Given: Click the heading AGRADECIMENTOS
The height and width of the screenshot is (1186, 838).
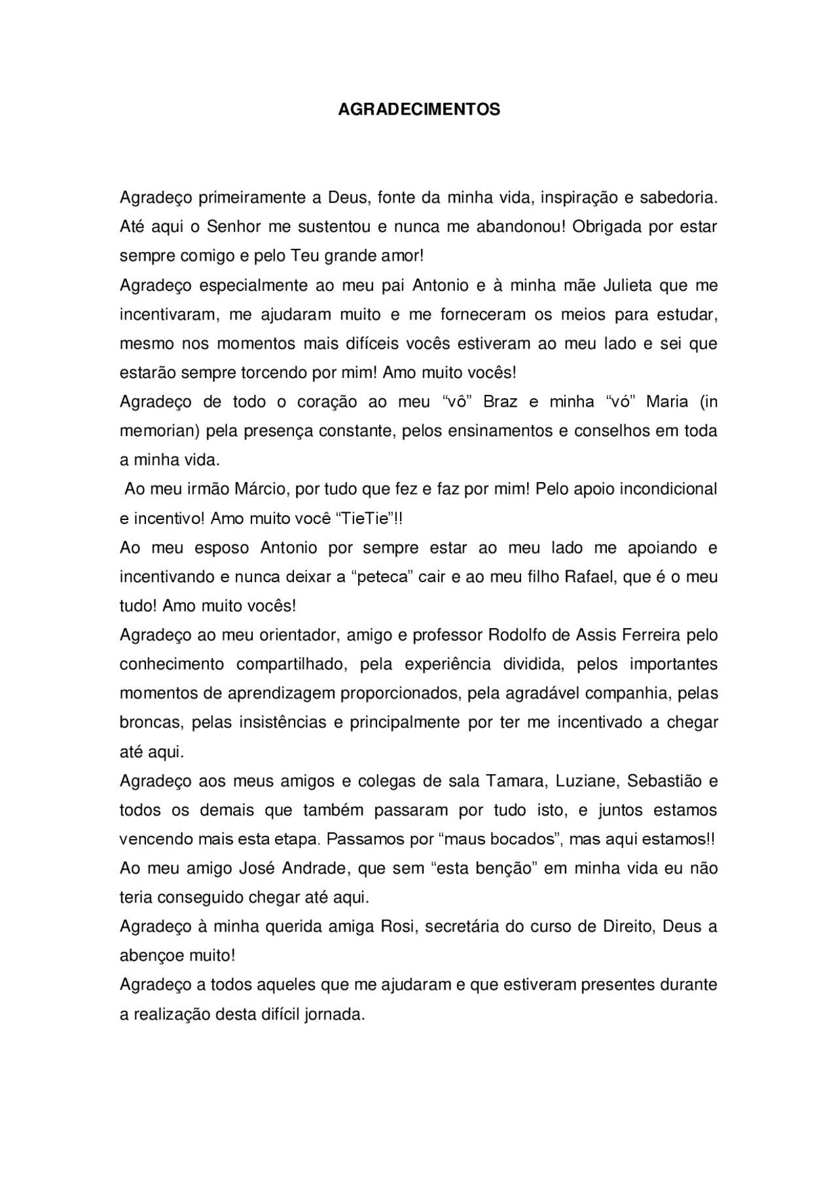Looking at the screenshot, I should [x=419, y=109].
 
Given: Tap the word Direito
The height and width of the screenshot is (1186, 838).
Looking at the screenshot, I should [x=627, y=927].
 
